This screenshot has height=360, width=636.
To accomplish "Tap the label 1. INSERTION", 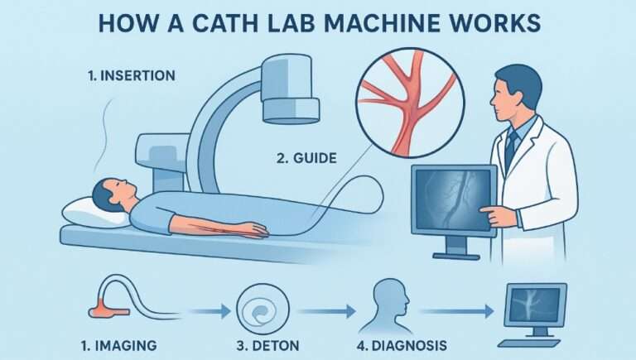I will pos(132,75).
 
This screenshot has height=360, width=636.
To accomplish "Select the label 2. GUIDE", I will pos(305,156).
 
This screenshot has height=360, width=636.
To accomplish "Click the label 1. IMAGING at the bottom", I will pos(122,343).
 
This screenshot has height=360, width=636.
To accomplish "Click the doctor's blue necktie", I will pos(511,149).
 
